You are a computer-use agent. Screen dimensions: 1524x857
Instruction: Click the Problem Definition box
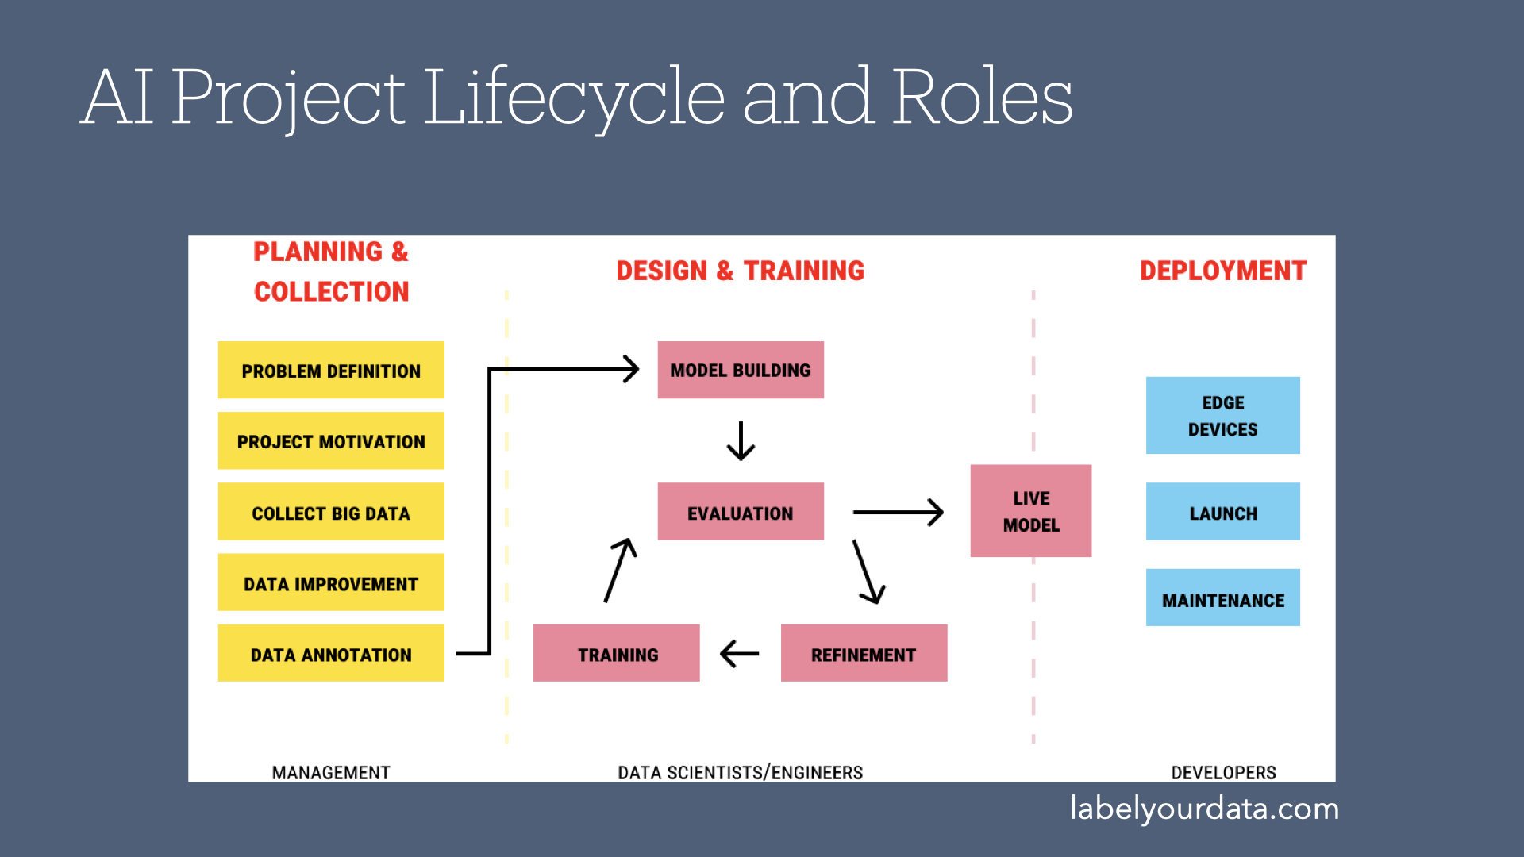tap(331, 370)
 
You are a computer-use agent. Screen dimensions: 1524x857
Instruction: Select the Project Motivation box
tap(331, 440)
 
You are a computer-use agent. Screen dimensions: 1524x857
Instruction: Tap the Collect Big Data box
tap(331, 512)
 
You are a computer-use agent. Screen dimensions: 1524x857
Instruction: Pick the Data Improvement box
tap(331, 582)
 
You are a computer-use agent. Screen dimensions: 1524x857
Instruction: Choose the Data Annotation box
tap(331, 653)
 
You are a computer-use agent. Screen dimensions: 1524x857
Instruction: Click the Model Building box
tap(741, 370)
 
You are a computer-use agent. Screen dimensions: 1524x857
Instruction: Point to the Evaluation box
tap(741, 512)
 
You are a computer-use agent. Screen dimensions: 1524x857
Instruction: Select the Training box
tap(617, 653)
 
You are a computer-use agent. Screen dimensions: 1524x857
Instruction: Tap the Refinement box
tap(864, 653)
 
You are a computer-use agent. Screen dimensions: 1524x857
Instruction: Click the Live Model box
tap(1031, 511)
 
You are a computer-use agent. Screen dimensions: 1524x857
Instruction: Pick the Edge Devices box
tap(1223, 415)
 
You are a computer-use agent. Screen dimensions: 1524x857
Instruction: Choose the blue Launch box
tap(1223, 512)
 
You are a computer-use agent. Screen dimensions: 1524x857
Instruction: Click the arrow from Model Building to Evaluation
tap(741, 441)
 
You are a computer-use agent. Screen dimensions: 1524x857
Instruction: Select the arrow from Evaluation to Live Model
tap(899, 512)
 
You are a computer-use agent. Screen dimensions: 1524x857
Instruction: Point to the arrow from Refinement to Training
tap(740, 654)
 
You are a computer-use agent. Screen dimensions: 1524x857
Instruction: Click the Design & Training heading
tap(741, 271)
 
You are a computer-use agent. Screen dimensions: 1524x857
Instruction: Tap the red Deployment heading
tap(1223, 271)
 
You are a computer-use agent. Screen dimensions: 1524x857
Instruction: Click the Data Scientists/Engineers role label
tap(741, 773)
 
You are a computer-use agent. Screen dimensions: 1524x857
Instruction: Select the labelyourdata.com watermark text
tap(1205, 809)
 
